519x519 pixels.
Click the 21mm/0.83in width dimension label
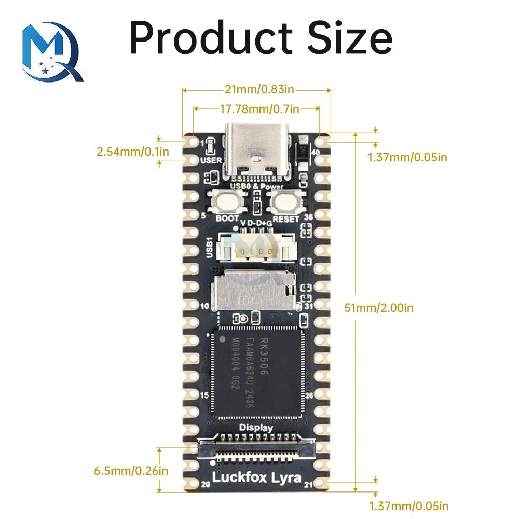(x=256, y=90)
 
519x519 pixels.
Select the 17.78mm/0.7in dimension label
(x=256, y=109)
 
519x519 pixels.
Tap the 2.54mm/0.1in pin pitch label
(x=132, y=152)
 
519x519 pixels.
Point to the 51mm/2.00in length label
(x=379, y=308)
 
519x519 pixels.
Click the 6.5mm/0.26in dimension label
(x=131, y=471)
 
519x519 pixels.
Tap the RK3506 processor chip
(x=256, y=372)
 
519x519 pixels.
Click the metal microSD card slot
(x=255, y=292)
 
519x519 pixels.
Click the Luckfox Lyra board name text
(x=256, y=477)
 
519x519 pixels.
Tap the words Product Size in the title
(x=261, y=37)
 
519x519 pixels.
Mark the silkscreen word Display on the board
(x=256, y=427)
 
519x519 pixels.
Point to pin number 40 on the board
(x=316, y=151)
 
